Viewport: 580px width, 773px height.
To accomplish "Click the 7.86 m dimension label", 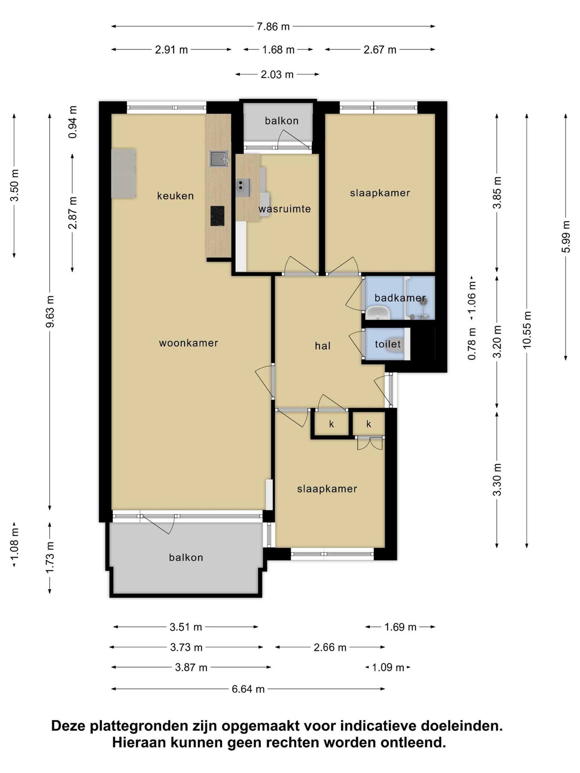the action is tap(273, 27).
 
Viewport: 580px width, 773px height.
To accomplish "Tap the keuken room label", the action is tap(175, 196).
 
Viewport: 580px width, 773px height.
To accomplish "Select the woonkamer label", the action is tap(188, 343).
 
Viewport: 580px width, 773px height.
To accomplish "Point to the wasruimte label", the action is tap(285, 209).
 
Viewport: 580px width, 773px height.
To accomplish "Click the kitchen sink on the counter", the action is tap(219, 159).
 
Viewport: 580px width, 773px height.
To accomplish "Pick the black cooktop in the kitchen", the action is tap(217, 216).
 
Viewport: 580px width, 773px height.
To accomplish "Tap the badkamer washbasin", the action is tap(378, 312).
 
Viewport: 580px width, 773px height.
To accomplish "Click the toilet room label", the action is tap(388, 344).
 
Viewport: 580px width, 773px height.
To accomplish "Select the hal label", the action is tap(323, 346).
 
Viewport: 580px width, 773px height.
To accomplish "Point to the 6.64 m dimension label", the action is tap(248, 689).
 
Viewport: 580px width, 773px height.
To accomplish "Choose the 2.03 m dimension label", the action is tap(277, 75).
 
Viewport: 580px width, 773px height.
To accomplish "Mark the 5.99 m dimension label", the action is tap(566, 237).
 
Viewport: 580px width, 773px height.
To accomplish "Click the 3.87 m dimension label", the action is tap(191, 667).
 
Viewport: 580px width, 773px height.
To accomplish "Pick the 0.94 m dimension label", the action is tap(73, 122).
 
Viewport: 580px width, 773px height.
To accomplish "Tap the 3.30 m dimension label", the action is tap(497, 480).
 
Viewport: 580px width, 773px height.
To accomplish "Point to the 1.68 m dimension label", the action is tap(279, 50).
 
